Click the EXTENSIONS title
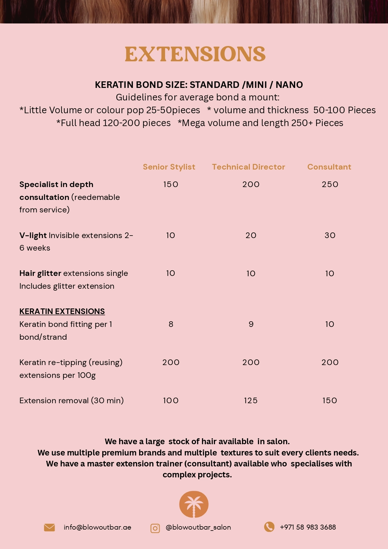click(195, 54)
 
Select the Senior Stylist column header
click(169, 167)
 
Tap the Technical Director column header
click(249, 167)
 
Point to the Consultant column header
click(329, 167)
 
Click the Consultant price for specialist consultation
click(330, 184)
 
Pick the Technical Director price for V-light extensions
click(251, 235)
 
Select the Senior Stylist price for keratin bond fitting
click(171, 324)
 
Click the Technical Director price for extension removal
click(251, 400)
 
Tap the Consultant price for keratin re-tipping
click(330, 362)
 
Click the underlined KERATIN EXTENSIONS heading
click(62, 311)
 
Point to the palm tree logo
click(194, 504)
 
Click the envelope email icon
click(49, 527)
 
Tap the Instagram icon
click(155, 528)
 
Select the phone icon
click(269, 527)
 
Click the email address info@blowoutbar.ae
click(97, 527)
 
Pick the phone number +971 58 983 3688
click(308, 527)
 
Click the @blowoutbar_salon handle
click(198, 527)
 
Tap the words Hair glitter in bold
click(40, 273)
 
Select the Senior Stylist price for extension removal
click(171, 400)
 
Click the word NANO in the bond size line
click(289, 85)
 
